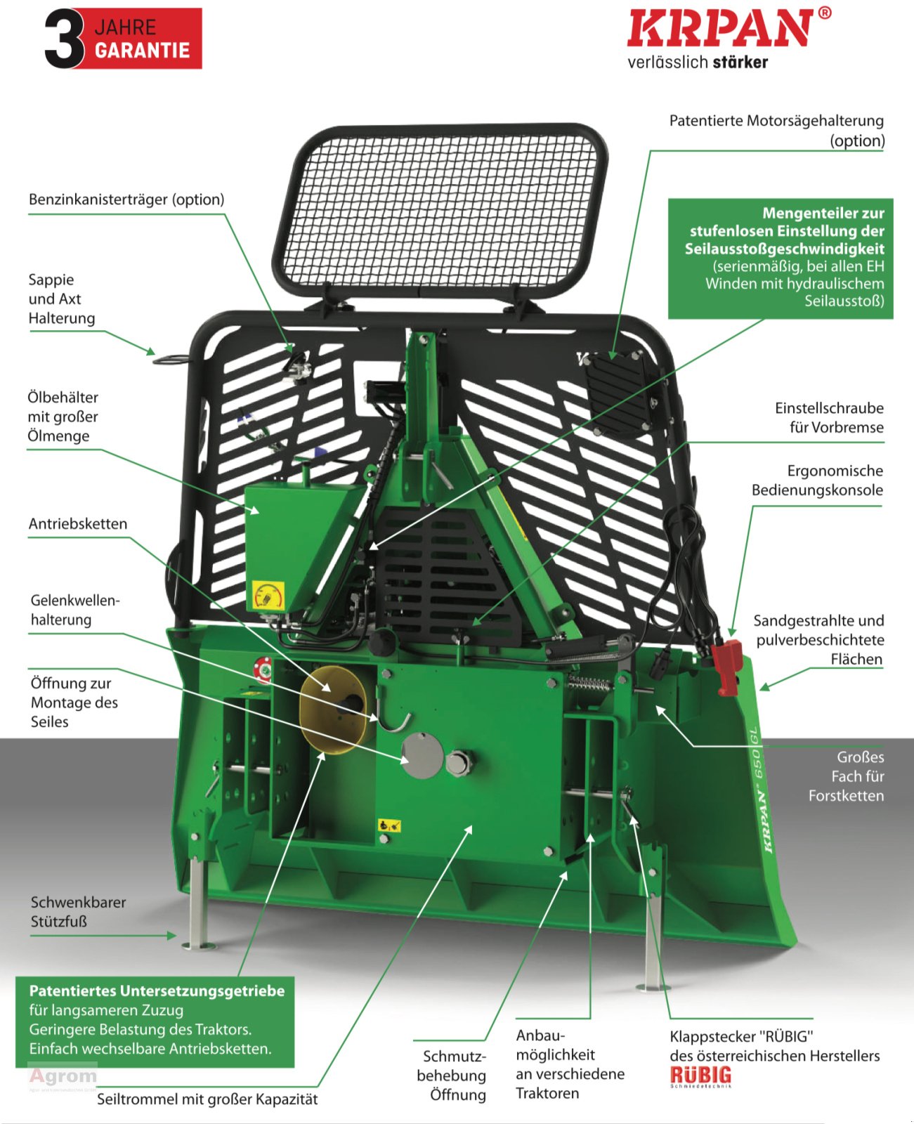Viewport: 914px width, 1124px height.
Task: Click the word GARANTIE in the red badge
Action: pyautogui.click(x=142, y=51)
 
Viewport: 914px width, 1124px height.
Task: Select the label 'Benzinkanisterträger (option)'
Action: pyautogui.click(x=126, y=200)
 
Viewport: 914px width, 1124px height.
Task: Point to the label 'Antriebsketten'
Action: pyautogui.click(x=78, y=524)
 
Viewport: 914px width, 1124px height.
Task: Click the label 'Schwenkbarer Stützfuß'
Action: pyautogui.click(x=78, y=912)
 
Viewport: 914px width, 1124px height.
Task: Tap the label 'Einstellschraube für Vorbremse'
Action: pyautogui.click(x=829, y=418)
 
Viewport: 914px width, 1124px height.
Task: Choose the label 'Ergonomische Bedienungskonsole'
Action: pyautogui.click(x=817, y=481)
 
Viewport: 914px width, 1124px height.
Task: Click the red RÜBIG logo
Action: pyautogui.click(x=700, y=1076)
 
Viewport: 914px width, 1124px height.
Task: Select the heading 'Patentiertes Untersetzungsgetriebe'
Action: pyautogui.click(x=157, y=991)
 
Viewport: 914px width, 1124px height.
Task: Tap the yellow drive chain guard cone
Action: pyautogui.click(x=332, y=710)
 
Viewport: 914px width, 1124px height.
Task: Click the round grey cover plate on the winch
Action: pyautogui.click(x=422, y=755)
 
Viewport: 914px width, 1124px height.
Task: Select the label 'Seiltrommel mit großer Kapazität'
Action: pyautogui.click(x=207, y=1099)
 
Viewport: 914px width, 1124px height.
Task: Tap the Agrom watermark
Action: pyautogui.click(x=63, y=1076)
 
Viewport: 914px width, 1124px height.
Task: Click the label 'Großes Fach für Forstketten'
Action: pyautogui.click(x=846, y=776)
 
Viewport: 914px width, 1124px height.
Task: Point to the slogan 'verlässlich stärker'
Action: pyautogui.click(x=698, y=63)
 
